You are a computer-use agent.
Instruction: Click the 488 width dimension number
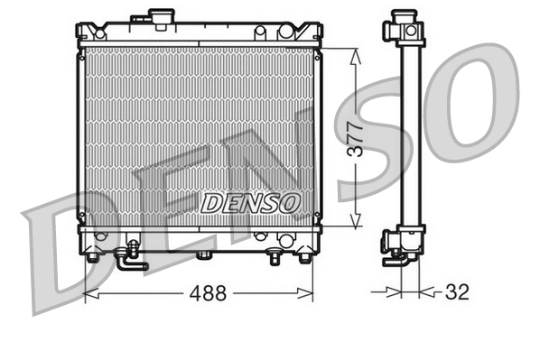coord(207,293)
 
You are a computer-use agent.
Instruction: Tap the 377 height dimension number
coord(358,138)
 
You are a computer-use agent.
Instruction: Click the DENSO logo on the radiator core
coord(250,203)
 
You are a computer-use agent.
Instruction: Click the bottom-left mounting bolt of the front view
coord(92,256)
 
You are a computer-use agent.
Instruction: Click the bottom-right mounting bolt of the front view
coord(304,256)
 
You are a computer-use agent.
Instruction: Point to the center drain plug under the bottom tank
coord(204,255)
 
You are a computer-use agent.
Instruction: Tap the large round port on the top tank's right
coord(285,32)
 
